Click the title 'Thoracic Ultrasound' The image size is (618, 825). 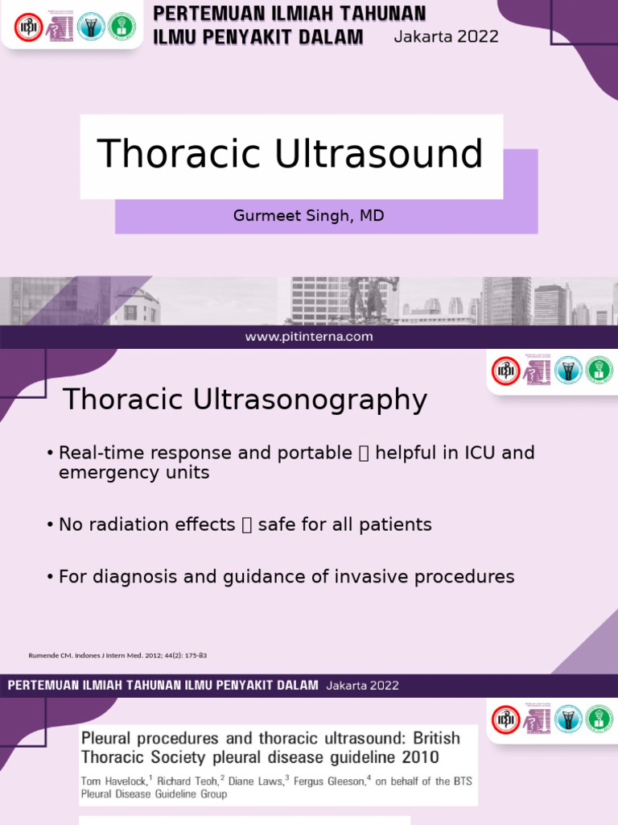coord(290,154)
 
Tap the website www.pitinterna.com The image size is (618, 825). coord(309,337)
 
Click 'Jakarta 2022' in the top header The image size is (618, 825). coord(446,36)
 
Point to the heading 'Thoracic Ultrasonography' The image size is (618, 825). coord(245,399)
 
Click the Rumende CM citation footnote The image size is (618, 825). coord(117,655)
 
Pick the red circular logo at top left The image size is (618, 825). coord(28,27)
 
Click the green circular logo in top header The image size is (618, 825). coord(122,27)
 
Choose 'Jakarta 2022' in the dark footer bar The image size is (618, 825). coord(362,686)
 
